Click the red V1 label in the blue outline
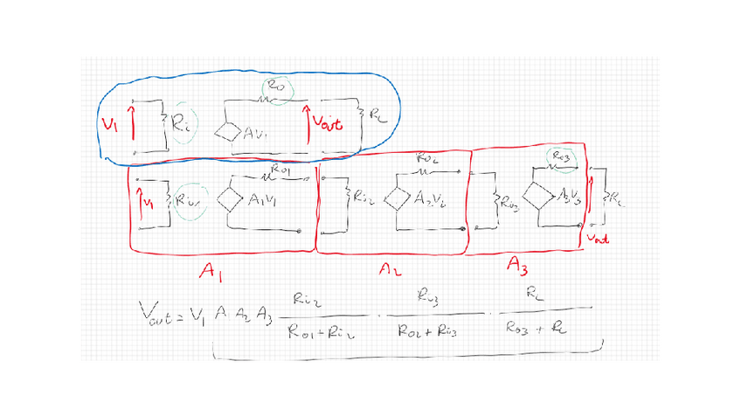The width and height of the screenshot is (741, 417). [x=111, y=124]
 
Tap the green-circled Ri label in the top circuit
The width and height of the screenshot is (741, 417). [x=183, y=128]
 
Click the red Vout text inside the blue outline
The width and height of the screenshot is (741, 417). [x=327, y=124]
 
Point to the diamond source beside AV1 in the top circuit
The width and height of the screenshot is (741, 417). [x=231, y=133]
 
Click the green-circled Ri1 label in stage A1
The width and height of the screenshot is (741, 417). [x=189, y=200]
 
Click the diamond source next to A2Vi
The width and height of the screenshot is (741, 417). [x=398, y=198]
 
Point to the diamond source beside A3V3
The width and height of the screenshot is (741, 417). [x=537, y=194]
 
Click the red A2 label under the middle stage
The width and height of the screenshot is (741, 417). [x=390, y=271]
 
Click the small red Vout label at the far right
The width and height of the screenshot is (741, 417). [x=598, y=237]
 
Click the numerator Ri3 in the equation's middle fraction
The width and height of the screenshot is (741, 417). [x=427, y=299]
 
